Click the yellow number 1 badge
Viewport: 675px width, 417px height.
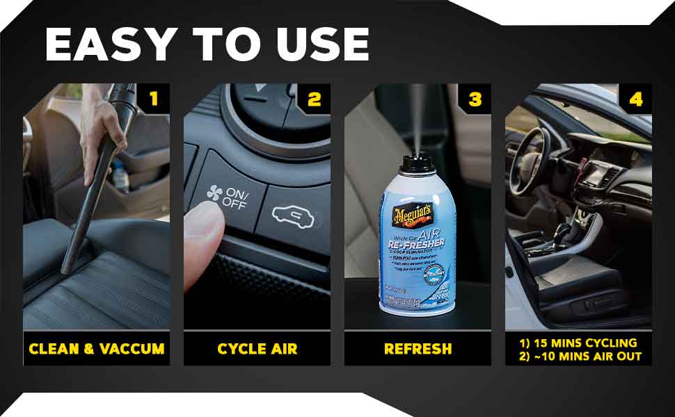(154, 99)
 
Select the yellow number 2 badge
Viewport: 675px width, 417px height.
(315, 99)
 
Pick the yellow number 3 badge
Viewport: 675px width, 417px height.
(475, 99)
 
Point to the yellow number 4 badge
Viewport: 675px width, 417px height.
(636, 99)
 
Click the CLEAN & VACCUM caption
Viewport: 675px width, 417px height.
(97, 348)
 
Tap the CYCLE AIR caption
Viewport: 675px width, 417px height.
(257, 348)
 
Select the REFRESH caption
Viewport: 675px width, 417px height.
(418, 348)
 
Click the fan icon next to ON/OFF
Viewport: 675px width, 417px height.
(214, 197)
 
